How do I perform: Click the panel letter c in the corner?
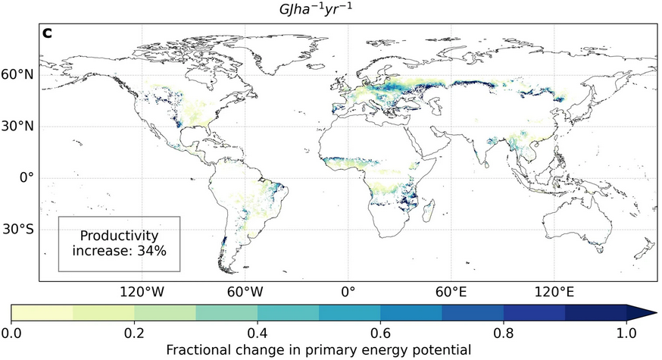pos(47,33)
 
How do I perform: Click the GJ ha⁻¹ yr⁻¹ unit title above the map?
pos(329,10)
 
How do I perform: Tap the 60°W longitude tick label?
pos(245,290)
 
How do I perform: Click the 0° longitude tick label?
pos(348,290)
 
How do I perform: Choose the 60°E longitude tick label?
pos(451,290)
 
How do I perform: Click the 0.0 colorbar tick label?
pos(11,333)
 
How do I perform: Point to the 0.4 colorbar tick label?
pos(258,333)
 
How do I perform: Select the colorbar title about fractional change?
pos(319,349)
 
